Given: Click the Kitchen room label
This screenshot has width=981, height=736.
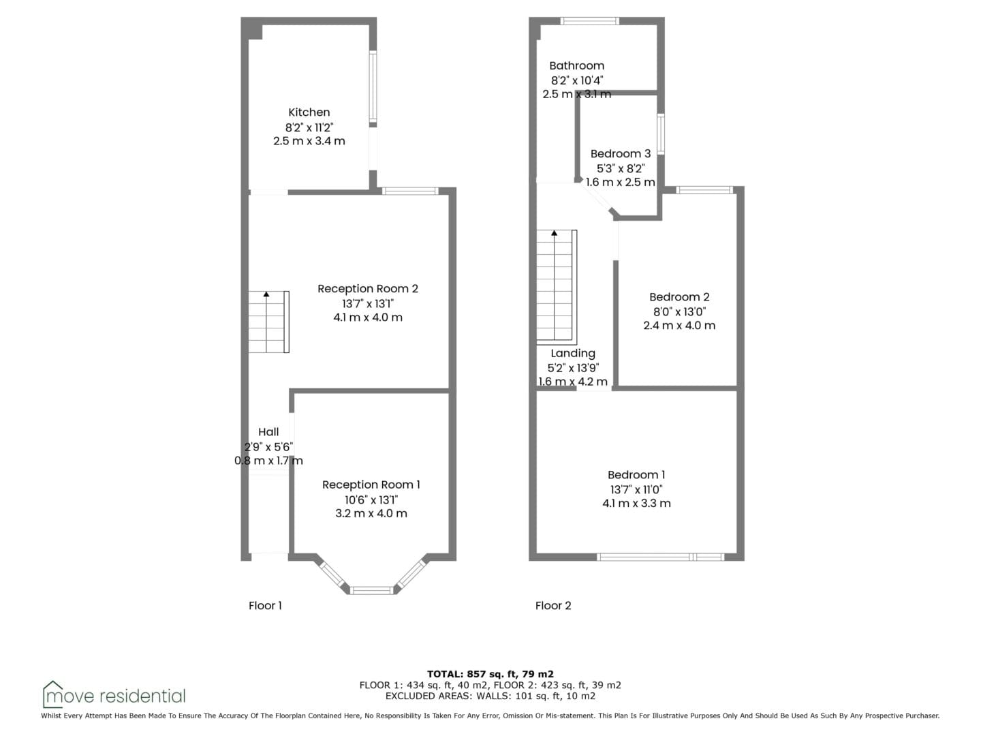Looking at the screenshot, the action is [309, 112].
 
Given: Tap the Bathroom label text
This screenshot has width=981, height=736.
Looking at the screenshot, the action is [576, 65].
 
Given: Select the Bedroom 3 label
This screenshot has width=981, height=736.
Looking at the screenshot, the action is [621, 154].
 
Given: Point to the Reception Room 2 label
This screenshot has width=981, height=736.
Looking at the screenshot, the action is [368, 289].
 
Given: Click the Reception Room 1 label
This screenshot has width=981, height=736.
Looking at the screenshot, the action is [371, 485].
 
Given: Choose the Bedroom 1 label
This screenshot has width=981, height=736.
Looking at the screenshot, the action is [636, 474].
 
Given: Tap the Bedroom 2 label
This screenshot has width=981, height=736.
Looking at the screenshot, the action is [679, 296].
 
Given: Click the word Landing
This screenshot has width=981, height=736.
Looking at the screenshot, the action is [573, 354].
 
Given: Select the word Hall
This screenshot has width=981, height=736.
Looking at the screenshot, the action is [268, 431].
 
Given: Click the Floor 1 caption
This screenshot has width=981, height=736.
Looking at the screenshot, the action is [265, 606].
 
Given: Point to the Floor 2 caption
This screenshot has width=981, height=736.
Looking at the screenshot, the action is [553, 606].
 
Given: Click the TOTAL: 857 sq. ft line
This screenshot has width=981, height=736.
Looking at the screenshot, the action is [490, 674].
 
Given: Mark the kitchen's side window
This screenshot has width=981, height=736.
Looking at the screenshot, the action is [373, 87].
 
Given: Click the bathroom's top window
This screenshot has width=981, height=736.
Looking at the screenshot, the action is [590, 20].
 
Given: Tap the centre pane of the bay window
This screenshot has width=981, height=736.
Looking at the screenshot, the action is [371, 591].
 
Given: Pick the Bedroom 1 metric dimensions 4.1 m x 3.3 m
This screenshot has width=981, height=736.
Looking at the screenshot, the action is [636, 503].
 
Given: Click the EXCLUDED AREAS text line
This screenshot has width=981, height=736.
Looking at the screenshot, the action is [490, 696].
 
